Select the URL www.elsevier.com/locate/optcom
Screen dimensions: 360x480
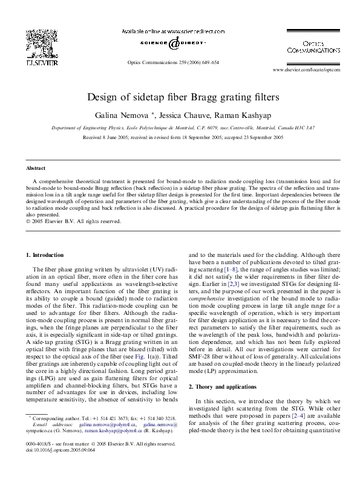coord(307,70)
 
